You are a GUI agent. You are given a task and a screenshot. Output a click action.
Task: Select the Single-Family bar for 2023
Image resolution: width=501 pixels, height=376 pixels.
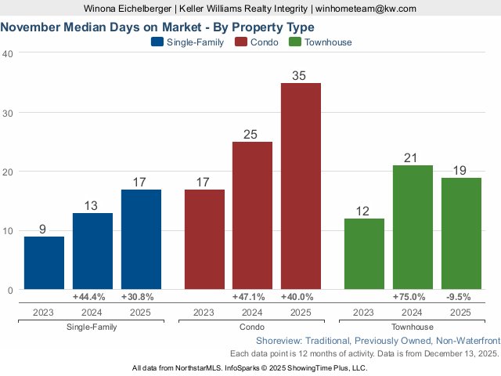click(44, 263)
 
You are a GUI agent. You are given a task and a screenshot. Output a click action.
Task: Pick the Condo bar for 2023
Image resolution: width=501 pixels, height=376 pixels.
click(204, 240)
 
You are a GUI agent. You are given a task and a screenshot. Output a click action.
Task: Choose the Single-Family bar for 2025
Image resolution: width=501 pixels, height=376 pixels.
click(141, 240)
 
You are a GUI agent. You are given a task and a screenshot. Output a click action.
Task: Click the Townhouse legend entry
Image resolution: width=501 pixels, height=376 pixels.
click(321, 42)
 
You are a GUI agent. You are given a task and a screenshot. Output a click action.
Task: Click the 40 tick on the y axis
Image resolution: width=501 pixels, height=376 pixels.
click(7, 53)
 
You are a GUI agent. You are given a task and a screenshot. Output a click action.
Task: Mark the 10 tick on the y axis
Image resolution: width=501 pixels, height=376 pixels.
click(7, 231)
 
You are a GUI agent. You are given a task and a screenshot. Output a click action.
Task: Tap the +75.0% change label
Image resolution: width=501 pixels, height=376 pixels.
click(413, 297)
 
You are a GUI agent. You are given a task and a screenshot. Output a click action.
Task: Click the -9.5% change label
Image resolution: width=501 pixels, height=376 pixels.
click(461, 297)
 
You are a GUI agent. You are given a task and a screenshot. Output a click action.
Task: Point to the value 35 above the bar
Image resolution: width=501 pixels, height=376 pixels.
click(301, 76)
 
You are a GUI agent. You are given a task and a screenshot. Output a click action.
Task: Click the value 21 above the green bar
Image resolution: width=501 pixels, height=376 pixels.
click(413, 158)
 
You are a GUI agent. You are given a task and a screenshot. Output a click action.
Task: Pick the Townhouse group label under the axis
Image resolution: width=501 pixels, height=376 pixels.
click(413, 327)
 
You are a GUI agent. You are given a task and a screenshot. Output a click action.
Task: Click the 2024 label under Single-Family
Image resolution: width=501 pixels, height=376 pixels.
click(92, 312)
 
